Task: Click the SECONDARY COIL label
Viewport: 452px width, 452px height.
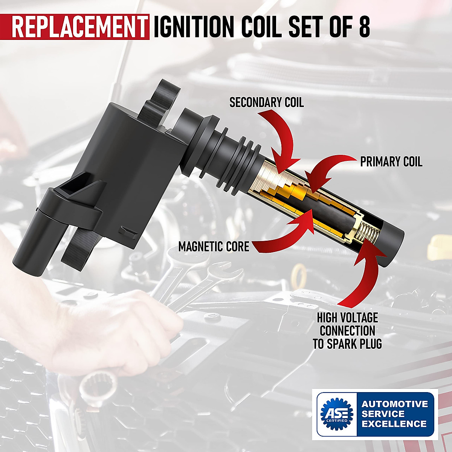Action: (266, 102)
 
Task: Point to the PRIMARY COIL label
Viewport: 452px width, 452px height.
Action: (391, 162)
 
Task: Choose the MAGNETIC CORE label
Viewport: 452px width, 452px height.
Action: (214, 247)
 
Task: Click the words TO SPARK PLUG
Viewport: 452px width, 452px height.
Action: (347, 344)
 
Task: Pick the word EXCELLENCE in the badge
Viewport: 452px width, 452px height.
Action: (394, 424)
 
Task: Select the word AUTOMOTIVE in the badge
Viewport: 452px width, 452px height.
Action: (395, 404)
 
